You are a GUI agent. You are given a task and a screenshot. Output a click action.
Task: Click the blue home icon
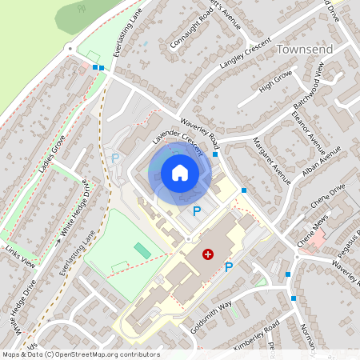tap(180, 172)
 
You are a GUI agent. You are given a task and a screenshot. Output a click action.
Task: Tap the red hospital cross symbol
tap(209, 254)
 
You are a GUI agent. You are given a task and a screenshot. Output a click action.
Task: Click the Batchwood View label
tap(307, 86)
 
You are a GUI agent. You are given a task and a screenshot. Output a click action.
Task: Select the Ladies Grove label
tap(51, 154)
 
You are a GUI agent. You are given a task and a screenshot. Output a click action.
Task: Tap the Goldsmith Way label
tap(211, 310)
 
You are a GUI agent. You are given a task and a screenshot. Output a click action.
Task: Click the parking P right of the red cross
tap(229, 267)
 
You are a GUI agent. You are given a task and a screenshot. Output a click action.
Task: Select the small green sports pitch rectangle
tap(142, 250)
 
